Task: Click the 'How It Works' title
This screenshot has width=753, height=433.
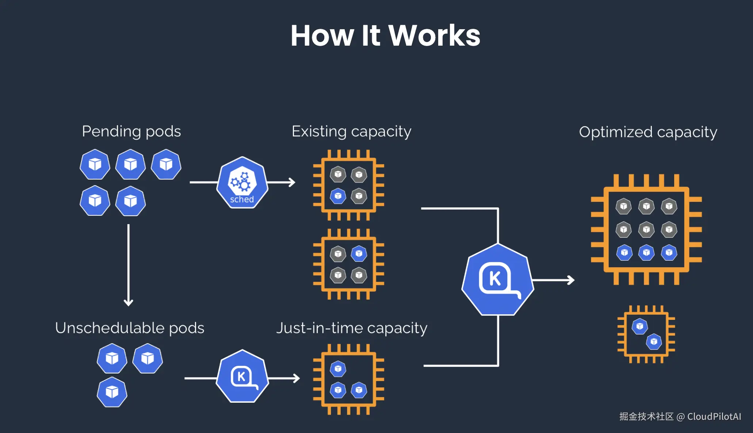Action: pyautogui.click(x=385, y=35)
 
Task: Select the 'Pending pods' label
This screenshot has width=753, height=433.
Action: pyautogui.click(x=131, y=131)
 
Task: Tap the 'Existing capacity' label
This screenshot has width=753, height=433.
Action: pyautogui.click(x=351, y=131)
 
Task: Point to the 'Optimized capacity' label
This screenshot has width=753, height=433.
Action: pyautogui.click(x=648, y=132)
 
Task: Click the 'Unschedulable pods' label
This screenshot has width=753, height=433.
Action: pyautogui.click(x=130, y=328)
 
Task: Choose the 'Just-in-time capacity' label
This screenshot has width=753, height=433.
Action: pyautogui.click(x=352, y=328)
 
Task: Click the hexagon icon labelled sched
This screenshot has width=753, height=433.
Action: pyautogui.click(x=242, y=183)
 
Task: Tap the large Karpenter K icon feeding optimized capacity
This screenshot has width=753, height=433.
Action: pyautogui.click(x=498, y=280)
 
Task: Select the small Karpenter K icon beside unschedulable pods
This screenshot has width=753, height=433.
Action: pyautogui.click(x=242, y=376)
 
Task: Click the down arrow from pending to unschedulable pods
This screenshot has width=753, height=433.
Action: pyautogui.click(x=129, y=265)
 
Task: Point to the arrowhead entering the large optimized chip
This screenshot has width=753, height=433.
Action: pyautogui.click(x=571, y=280)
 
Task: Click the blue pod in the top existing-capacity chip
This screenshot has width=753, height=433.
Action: pyautogui.click(x=338, y=196)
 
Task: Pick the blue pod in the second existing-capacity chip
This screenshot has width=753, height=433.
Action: pyautogui.click(x=359, y=253)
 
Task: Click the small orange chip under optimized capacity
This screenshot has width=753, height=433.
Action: pyautogui.click(x=646, y=334)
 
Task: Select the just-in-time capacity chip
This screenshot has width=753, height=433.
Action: pyautogui.click(x=349, y=379)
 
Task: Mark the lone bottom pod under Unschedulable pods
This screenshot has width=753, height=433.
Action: pyautogui.click(x=112, y=392)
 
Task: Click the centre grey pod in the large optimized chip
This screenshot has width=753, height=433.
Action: pyautogui.click(x=646, y=230)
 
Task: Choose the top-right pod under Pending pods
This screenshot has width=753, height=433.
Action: pyautogui.click(x=166, y=164)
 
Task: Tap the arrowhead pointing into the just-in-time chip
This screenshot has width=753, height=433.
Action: pyautogui.click(x=296, y=378)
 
